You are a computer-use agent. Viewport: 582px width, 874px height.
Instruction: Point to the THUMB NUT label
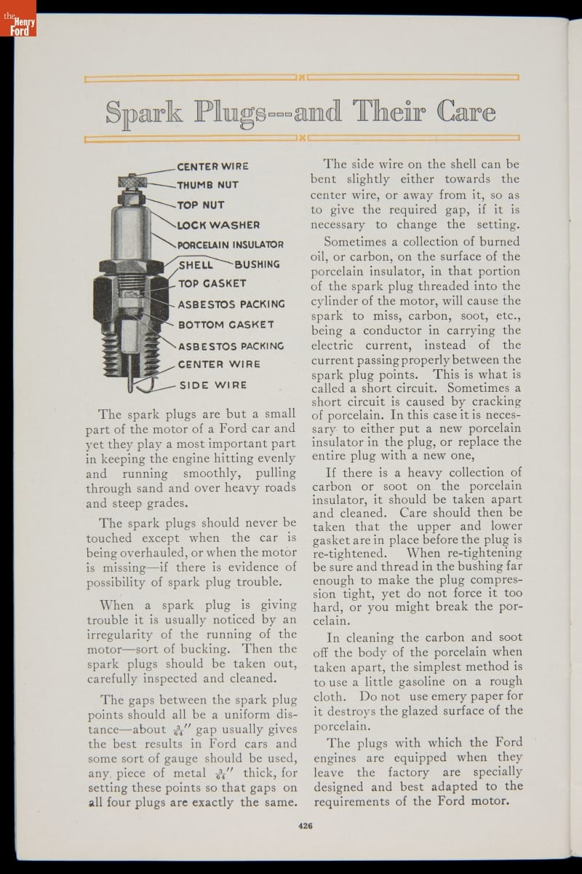coord(207,185)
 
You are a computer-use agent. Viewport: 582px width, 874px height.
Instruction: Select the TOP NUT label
coord(201,205)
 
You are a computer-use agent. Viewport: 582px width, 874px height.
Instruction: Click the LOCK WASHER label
coord(218,225)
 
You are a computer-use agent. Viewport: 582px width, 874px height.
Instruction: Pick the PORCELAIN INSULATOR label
coord(231,245)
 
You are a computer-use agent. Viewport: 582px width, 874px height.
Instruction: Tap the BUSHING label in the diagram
coord(257,264)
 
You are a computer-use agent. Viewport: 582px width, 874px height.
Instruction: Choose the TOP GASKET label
coord(212,283)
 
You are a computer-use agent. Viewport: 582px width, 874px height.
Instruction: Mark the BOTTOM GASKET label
coord(226,324)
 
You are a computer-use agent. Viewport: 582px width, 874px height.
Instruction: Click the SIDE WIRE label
coord(213,385)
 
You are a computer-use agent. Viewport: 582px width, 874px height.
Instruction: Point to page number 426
coord(305,825)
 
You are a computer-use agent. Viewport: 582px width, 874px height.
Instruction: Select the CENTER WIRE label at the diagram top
coord(213,166)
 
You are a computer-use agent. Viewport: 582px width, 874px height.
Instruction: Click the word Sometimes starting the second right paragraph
coord(357,241)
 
